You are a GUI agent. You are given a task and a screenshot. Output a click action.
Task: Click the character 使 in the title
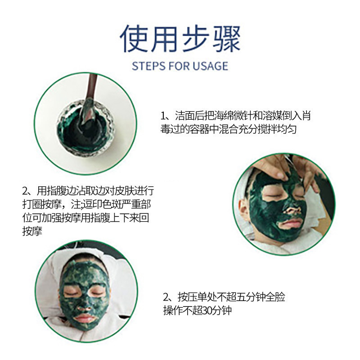[x=134, y=39]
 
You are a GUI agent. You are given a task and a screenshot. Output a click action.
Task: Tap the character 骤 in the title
[x=226, y=39]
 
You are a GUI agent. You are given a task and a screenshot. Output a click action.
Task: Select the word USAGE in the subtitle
[x=210, y=66]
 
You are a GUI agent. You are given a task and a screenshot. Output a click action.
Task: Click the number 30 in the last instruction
[x=203, y=311]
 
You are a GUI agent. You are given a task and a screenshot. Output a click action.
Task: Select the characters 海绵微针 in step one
[x=230, y=116]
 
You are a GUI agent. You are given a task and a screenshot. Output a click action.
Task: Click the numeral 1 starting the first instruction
[x=163, y=116]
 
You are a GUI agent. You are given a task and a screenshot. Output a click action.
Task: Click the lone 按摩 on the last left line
[x=32, y=231]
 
